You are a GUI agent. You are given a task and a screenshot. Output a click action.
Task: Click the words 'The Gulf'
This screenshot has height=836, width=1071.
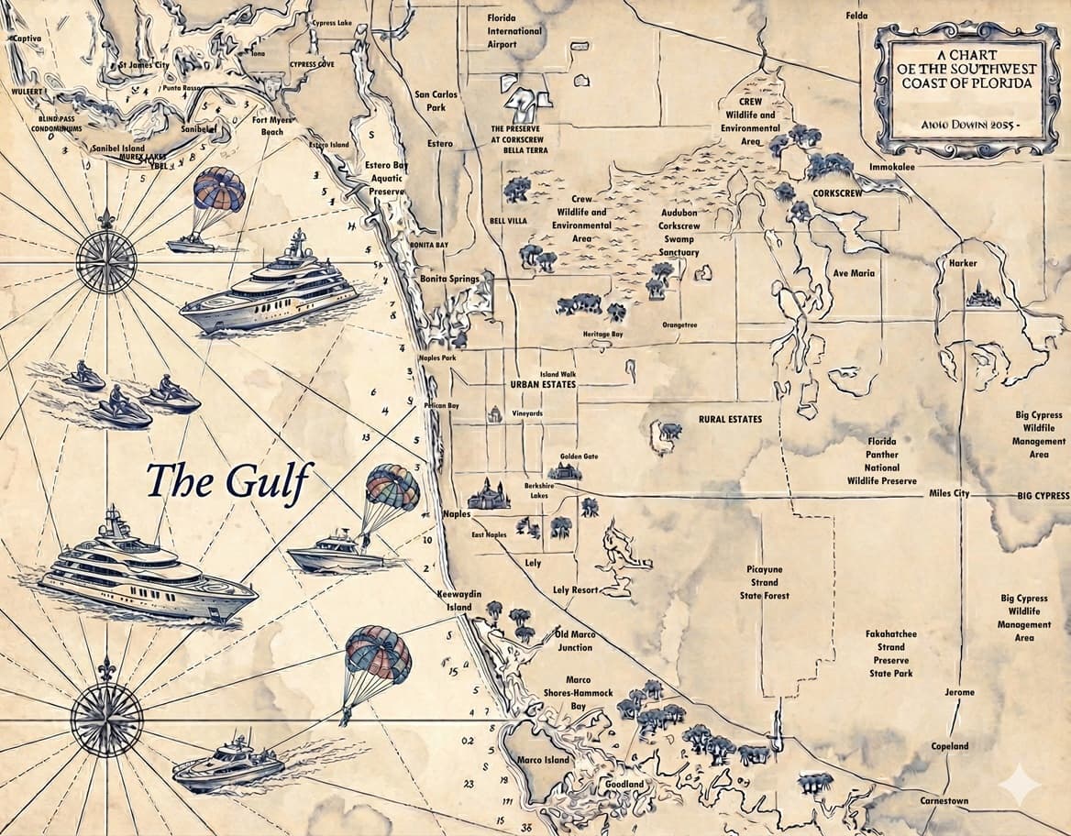coord(229,481)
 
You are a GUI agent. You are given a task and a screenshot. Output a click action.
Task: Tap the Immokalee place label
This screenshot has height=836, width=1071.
coord(892,167)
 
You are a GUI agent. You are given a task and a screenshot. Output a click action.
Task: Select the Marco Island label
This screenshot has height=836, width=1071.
coord(543,760)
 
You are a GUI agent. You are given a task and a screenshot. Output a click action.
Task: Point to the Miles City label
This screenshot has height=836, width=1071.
coord(949,494)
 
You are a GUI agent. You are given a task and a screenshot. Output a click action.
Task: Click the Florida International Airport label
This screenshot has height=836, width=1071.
coord(514,31)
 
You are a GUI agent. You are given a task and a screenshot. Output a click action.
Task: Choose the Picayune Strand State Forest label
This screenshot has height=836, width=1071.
coord(765,582)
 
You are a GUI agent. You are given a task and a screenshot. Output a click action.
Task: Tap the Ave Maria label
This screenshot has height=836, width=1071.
coord(853,273)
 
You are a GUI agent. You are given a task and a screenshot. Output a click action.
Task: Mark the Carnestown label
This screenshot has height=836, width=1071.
coord(945,800)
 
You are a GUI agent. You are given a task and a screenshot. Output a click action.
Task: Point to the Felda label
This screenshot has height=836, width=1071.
coord(856,16)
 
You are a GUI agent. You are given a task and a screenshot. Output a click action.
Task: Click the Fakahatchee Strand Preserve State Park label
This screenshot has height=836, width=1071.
coord(891,654)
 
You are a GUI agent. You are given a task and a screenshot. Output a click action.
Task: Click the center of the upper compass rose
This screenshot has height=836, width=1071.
coord(106,263)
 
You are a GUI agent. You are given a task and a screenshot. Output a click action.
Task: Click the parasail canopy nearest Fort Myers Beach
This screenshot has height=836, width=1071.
coord(219,190)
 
